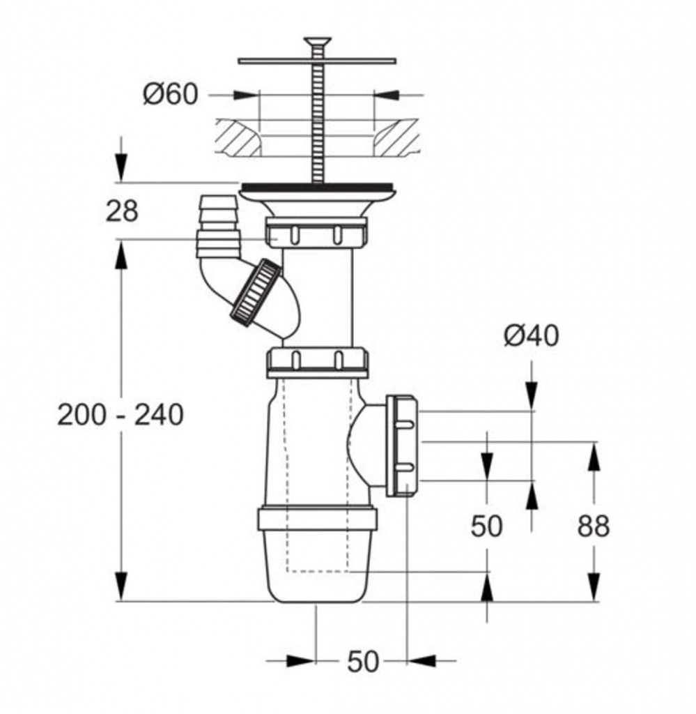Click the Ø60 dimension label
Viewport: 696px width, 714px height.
point(171,95)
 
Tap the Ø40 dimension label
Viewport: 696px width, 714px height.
point(532,337)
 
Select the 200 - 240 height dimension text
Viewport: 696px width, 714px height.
point(121,416)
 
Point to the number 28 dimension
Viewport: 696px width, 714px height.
point(122,211)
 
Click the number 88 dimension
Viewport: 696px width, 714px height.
point(593,526)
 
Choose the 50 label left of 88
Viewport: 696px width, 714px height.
point(486,526)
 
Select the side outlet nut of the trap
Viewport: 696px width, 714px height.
point(403,445)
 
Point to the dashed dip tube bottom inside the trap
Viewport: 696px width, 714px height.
point(318,571)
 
